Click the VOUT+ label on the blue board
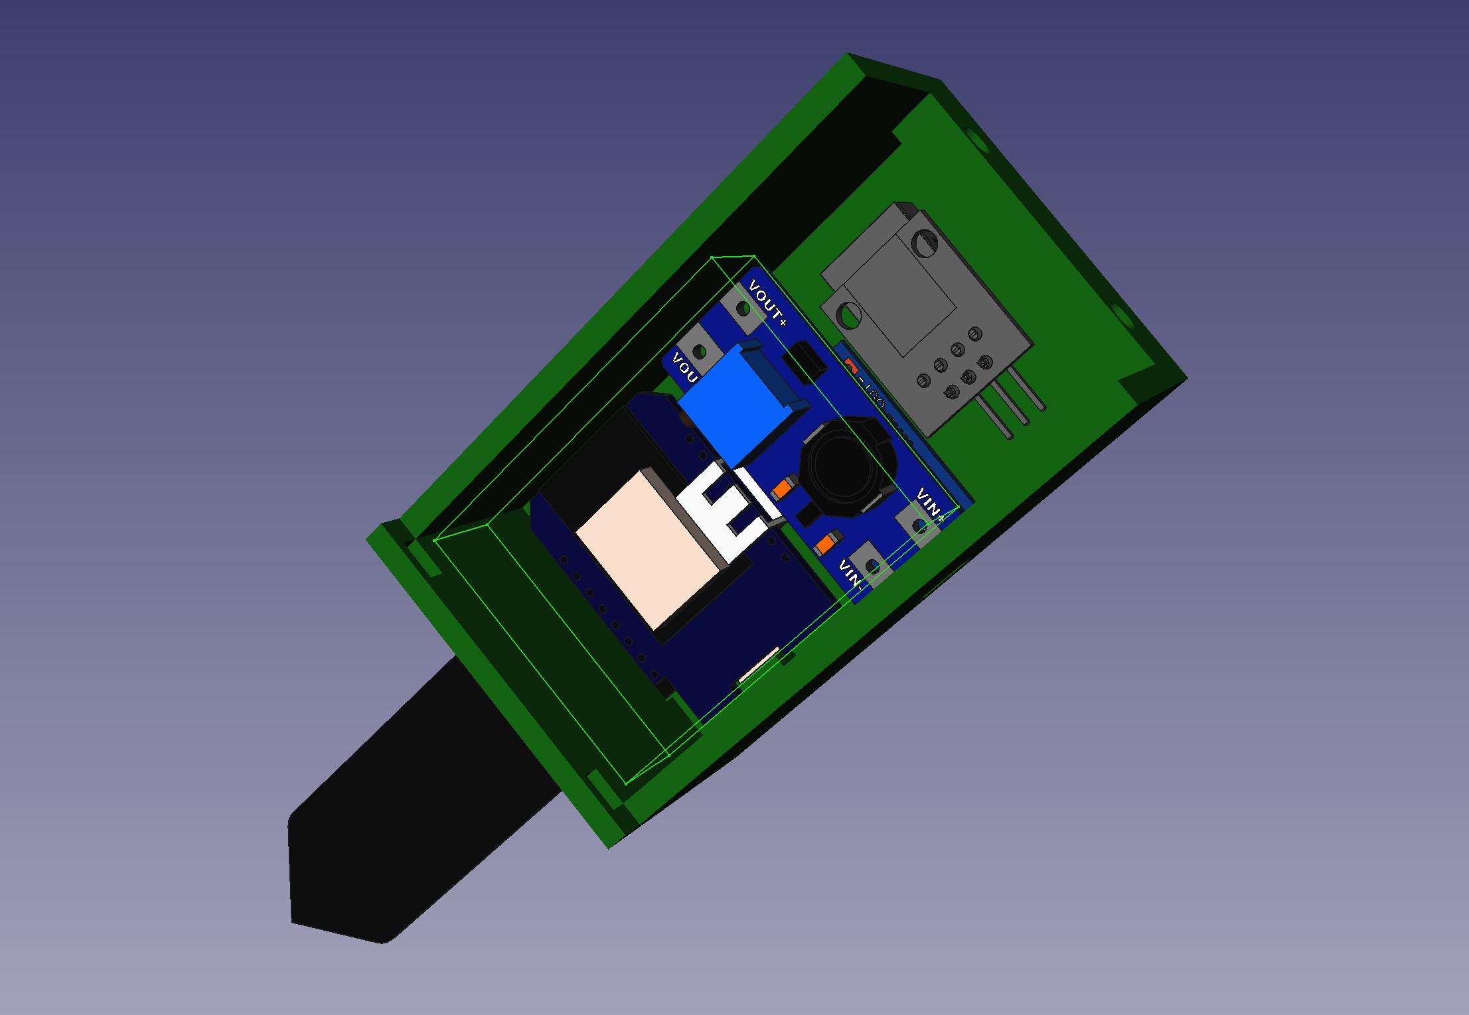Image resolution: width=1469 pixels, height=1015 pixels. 767,303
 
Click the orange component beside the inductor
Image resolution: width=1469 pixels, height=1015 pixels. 784,488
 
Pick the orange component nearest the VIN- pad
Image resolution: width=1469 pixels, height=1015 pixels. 826,544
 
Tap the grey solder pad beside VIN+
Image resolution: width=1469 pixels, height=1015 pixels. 919,526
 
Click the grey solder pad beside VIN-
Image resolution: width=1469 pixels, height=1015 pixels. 872,566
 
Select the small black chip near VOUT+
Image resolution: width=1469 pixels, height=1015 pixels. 805,362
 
